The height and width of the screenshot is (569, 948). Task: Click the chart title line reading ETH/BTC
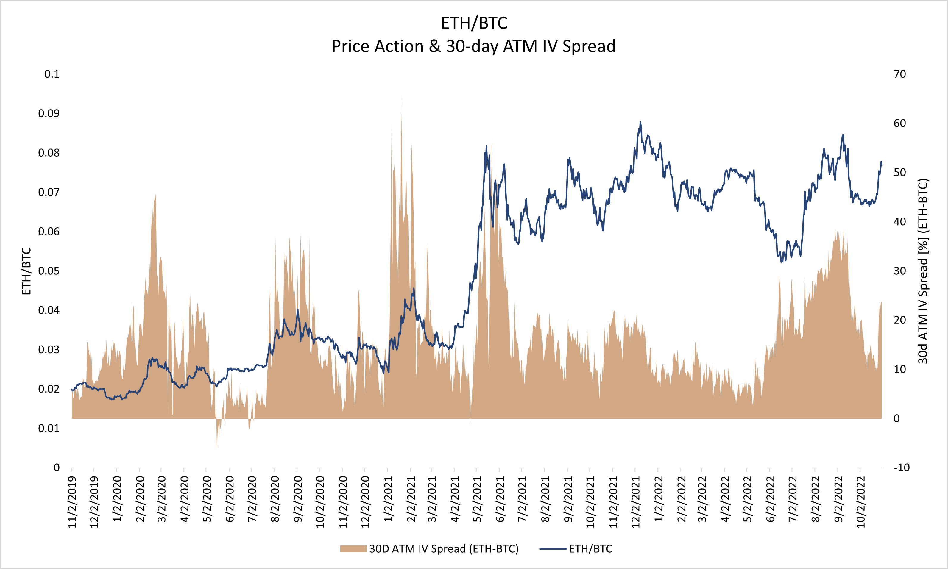474,23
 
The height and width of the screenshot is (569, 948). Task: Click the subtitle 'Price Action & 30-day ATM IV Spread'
474,46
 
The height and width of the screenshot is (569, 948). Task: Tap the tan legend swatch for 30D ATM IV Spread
353,549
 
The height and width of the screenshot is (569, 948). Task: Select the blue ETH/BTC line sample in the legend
553,549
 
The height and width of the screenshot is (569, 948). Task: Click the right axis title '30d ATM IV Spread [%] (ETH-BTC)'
923,271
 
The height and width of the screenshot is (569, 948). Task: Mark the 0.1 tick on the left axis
52,74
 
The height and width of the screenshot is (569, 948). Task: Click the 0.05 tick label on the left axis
49,271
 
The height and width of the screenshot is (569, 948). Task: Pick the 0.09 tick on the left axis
49,113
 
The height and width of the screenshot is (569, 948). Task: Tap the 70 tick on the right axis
900,74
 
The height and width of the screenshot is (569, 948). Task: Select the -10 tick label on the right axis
901,468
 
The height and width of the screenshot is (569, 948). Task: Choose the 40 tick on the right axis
900,222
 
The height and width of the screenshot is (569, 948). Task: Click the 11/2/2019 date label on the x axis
72,502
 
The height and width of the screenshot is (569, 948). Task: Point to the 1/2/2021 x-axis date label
388,499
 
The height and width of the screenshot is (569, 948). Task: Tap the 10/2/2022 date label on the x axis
860,502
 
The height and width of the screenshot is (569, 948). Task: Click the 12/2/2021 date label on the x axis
635,502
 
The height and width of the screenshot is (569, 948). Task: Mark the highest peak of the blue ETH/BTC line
640,122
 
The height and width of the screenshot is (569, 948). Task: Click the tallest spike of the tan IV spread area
401,96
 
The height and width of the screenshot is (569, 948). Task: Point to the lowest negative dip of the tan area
217,448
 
